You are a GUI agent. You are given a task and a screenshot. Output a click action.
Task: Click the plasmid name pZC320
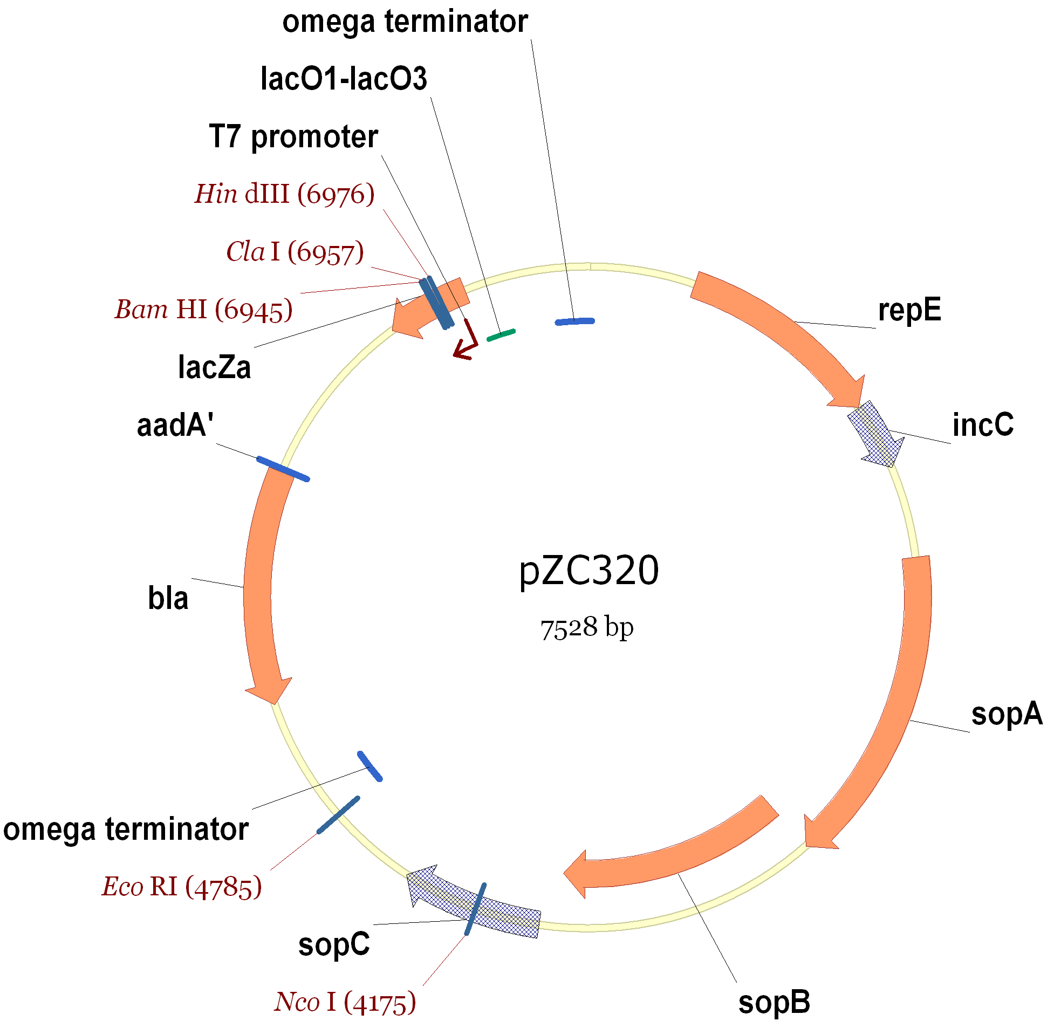[x=588, y=571]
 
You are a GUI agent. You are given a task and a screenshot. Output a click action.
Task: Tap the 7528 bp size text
[x=587, y=628]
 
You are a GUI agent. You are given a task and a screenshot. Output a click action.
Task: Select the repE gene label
[x=909, y=310]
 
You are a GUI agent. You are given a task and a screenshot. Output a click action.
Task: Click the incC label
[x=983, y=425]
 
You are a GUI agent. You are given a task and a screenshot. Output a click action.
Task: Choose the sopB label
[x=774, y=1002]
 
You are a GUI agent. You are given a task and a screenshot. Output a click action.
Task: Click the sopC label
[x=334, y=944]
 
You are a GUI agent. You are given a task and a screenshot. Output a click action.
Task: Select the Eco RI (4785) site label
[x=182, y=886]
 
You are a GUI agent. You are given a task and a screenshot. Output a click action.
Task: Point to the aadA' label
[x=175, y=425]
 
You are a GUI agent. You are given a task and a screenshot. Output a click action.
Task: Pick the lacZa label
[x=214, y=367]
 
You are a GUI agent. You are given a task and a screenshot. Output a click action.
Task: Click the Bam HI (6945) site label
[x=204, y=310]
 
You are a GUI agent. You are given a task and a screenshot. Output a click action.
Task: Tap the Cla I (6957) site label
[x=295, y=252]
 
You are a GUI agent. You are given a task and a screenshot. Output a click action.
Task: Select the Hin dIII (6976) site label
[x=284, y=194]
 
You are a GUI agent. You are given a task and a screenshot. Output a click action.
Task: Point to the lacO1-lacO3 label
[x=344, y=79]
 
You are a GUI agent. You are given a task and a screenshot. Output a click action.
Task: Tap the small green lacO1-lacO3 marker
[x=501, y=335]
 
